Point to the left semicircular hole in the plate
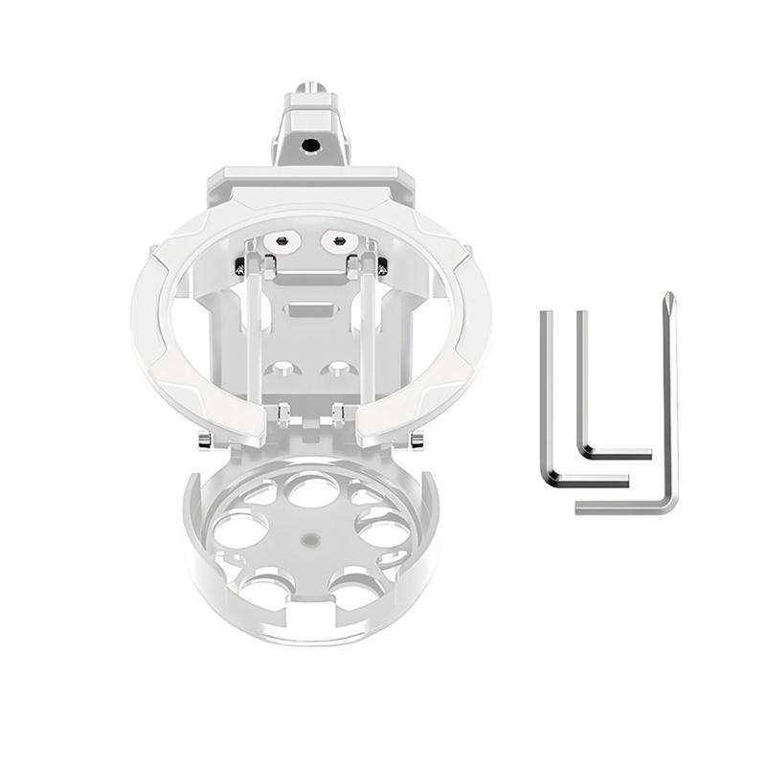pos(282,369)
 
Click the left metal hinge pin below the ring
pos(205,441)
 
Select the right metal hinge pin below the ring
pos(417,441)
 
